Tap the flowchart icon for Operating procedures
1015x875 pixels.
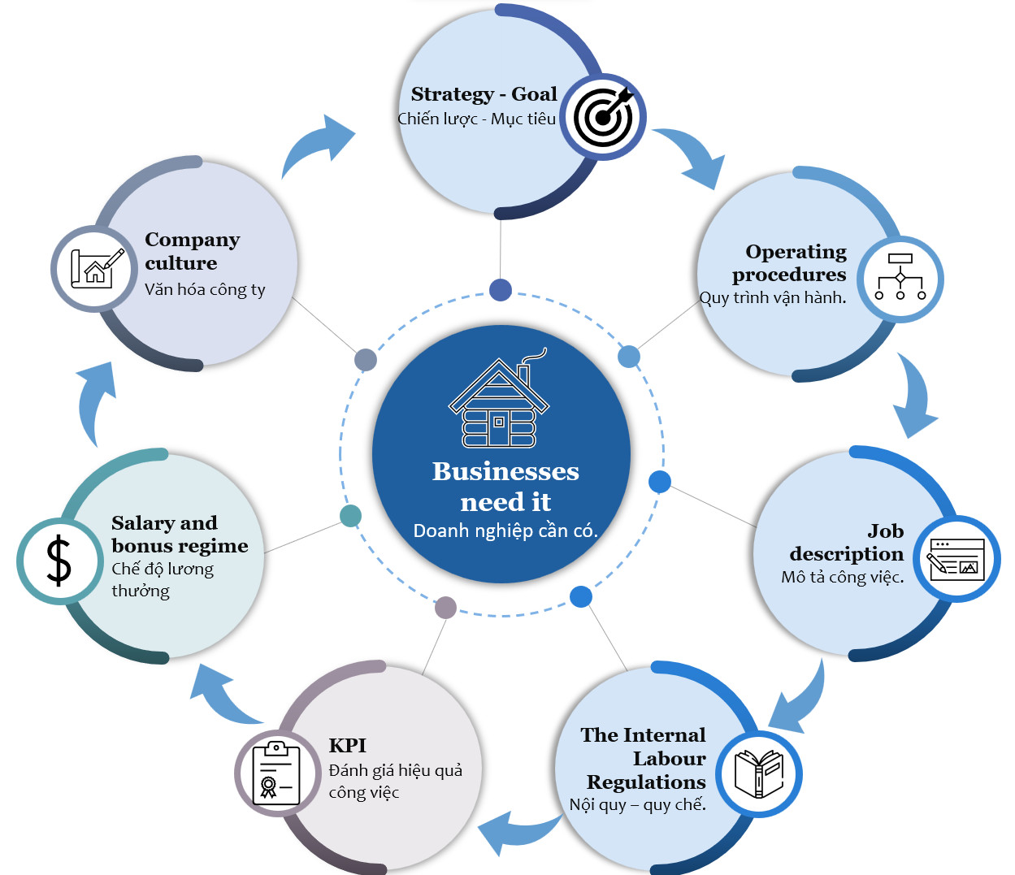(x=900, y=278)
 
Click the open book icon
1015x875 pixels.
(x=759, y=773)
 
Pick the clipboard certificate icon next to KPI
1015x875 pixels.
(x=276, y=773)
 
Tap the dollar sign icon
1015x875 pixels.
(x=59, y=561)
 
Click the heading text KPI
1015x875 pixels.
(x=347, y=745)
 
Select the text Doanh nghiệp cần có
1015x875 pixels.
(x=505, y=531)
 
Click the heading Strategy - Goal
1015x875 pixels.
(x=484, y=94)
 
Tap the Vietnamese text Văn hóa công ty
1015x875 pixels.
(x=205, y=289)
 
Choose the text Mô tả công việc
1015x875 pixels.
(x=842, y=577)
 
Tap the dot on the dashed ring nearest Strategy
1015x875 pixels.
(x=501, y=289)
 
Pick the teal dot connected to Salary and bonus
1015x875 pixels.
(x=350, y=516)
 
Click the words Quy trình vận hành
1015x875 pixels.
(x=773, y=297)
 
